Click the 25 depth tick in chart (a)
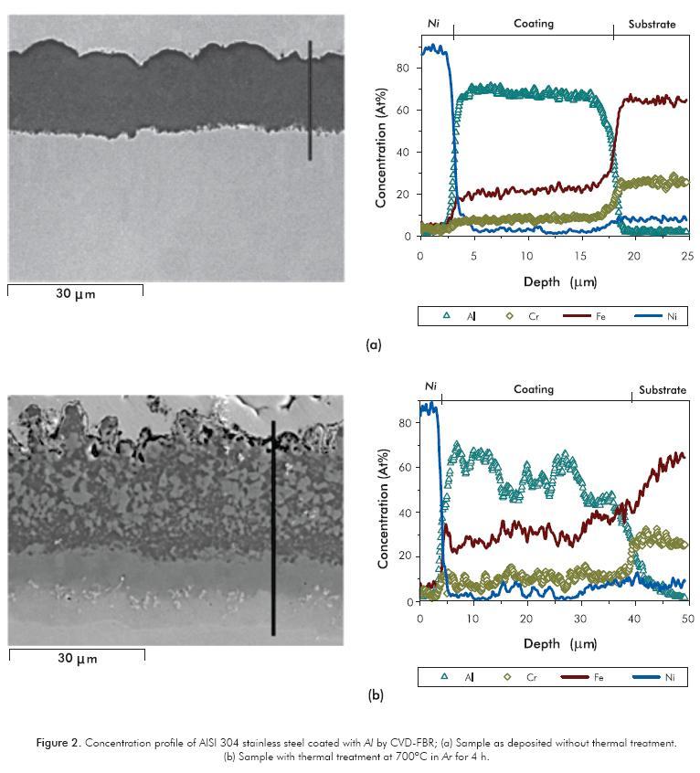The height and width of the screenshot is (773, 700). [x=688, y=257]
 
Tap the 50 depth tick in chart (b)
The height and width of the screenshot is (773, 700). [x=688, y=619]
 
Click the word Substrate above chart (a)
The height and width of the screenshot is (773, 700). [x=652, y=24]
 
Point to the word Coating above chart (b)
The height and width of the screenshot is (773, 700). [x=534, y=389]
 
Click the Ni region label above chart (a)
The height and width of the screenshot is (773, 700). [x=433, y=24]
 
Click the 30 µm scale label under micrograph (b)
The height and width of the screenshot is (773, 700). [x=77, y=659]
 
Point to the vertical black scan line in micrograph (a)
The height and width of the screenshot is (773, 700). [x=310, y=101]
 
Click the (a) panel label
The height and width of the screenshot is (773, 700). [x=373, y=345]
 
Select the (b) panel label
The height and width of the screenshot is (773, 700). [x=376, y=695]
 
